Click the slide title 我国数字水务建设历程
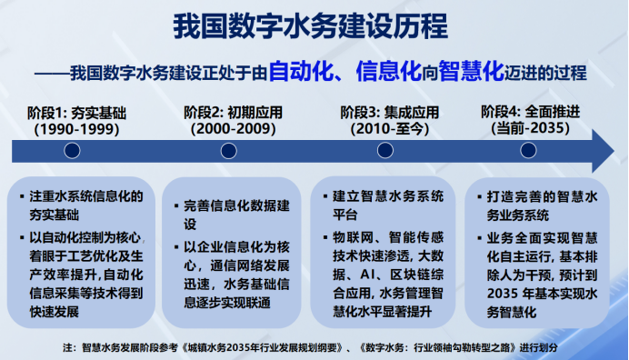point(314,27)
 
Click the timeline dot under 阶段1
point(72,152)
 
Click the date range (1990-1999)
point(72,129)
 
